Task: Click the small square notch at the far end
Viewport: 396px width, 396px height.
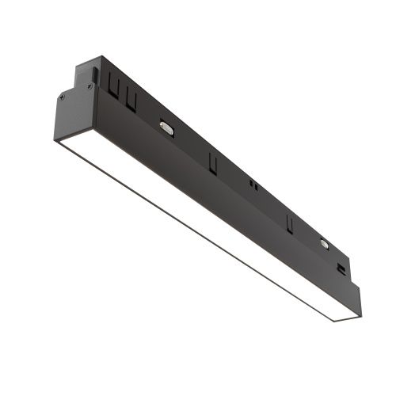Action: click(341, 269)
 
